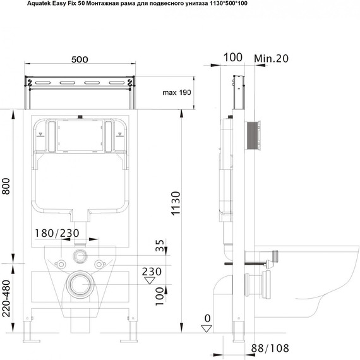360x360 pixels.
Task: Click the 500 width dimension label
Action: click(x=80, y=59)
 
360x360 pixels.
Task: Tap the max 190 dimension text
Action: click(x=177, y=92)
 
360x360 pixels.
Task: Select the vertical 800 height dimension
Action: click(x=6, y=186)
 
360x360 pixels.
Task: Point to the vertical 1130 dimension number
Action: click(x=176, y=203)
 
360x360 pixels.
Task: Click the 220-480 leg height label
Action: click(x=6, y=299)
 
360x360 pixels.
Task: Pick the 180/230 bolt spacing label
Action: click(x=57, y=233)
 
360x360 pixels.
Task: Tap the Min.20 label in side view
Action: click(x=271, y=58)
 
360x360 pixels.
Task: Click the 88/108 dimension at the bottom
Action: click(x=270, y=348)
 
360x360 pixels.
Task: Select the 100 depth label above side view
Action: click(x=233, y=57)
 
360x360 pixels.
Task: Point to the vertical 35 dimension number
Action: click(x=160, y=245)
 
